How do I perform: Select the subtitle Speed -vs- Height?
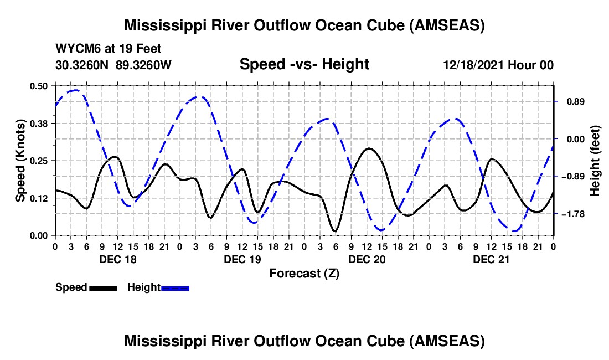coord(304,64)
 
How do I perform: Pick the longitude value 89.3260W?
coord(144,65)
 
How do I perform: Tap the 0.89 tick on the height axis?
coord(574,102)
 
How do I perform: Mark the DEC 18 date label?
coord(118,259)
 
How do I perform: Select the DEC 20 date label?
coord(367,259)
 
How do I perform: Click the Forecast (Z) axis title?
coord(304,273)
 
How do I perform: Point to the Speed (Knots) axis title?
coord(20,161)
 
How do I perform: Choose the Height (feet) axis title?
coord(596,161)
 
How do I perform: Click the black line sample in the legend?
coord(103,288)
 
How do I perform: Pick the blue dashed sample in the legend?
coord(176,288)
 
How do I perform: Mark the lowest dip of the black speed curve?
coord(334,231)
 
